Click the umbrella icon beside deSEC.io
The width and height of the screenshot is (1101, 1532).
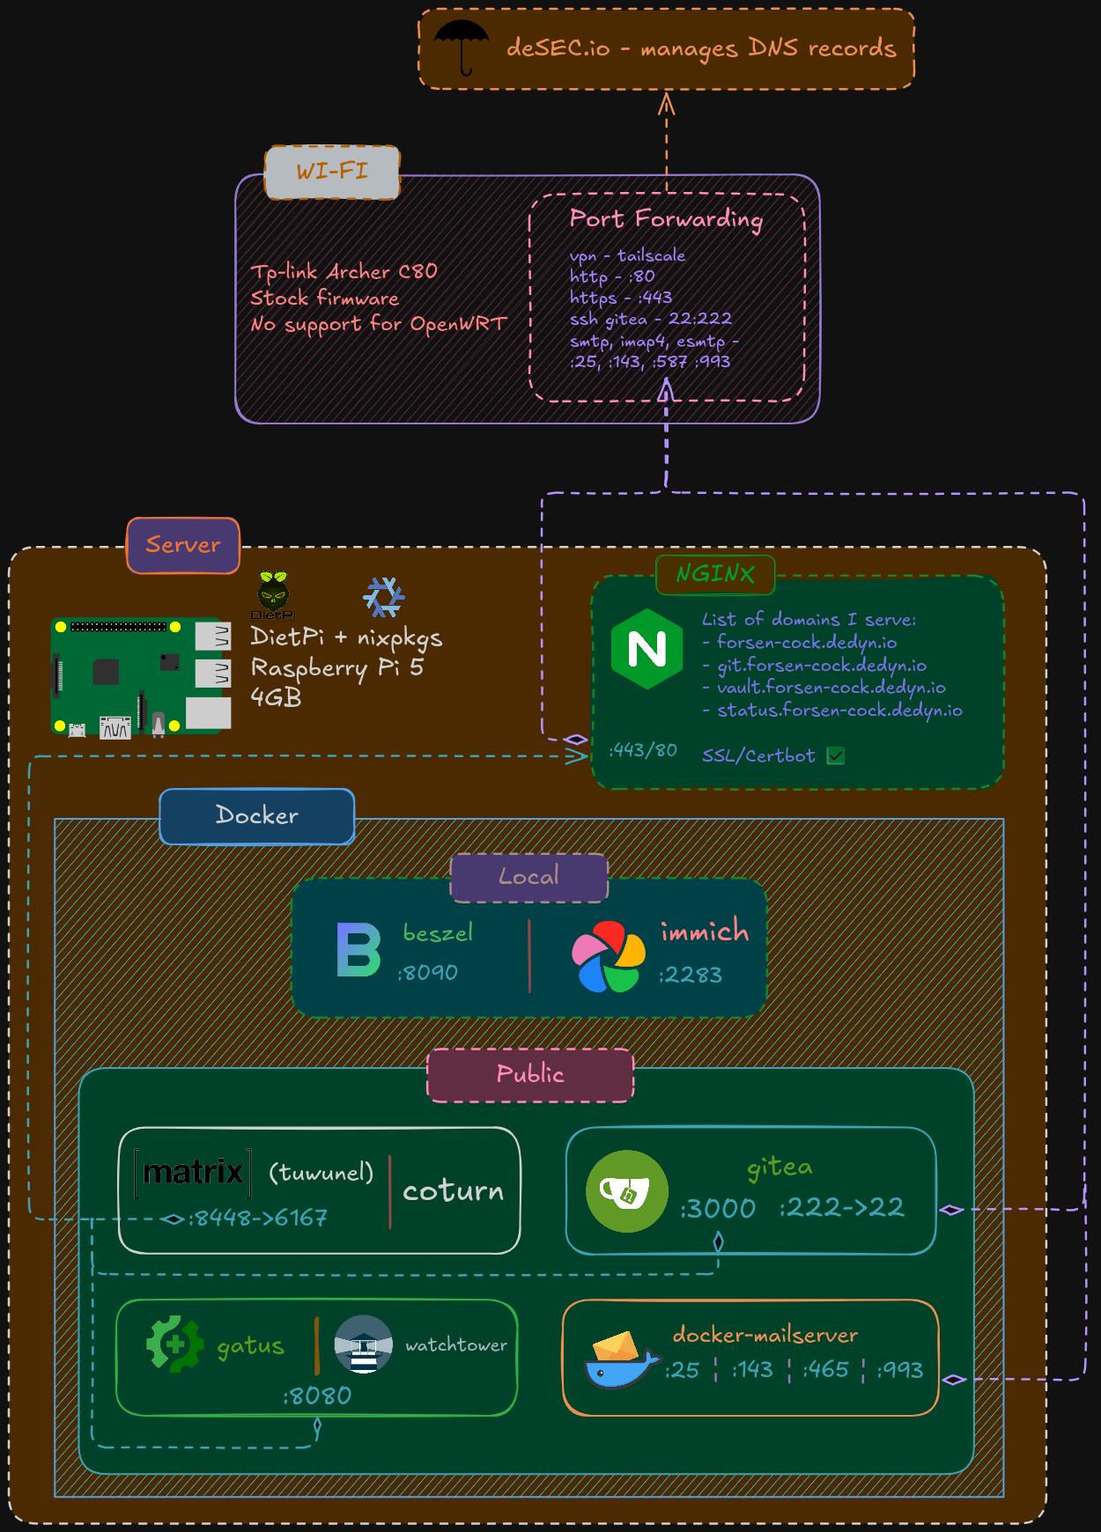(462, 47)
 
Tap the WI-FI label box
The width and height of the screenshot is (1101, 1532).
(332, 172)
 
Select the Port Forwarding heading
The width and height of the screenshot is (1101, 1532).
(666, 218)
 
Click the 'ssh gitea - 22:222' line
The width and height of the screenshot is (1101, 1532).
(650, 319)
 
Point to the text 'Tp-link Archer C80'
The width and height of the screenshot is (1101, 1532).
(344, 271)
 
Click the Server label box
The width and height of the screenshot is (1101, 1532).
(183, 545)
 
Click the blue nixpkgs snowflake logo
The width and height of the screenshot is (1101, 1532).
(384, 597)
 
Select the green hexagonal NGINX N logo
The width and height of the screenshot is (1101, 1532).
(647, 650)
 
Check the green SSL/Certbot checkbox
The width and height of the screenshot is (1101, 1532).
(836, 755)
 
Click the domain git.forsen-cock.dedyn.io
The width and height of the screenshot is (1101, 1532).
(821, 666)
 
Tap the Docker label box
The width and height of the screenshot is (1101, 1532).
(256, 816)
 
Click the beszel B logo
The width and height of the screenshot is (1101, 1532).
(358, 950)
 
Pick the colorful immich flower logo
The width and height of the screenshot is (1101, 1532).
(608, 957)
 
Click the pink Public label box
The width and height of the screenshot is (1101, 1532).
(530, 1075)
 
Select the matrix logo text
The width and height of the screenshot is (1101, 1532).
(193, 1172)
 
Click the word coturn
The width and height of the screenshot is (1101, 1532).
(453, 1191)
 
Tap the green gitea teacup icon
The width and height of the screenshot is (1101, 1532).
(627, 1191)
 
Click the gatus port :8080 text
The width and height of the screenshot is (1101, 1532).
(317, 1396)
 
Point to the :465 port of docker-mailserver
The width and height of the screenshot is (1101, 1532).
(825, 1370)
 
